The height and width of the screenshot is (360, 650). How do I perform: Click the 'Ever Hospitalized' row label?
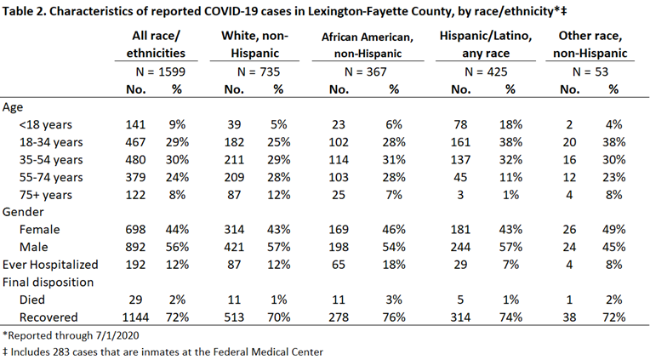click(50, 265)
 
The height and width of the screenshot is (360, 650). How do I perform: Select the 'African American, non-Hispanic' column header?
click(368, 45)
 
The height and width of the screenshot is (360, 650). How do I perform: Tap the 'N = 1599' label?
click(161, 71)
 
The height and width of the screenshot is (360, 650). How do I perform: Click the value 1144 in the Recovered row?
click(135, 317)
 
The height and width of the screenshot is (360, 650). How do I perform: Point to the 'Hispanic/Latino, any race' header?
click(486, 44)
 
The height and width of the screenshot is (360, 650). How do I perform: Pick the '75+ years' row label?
click(46, 195)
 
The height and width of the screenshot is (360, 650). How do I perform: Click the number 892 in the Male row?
click(135, 247)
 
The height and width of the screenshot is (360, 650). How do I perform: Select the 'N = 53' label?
click(590, 71)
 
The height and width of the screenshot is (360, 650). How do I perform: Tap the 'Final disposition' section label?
click(48, 283)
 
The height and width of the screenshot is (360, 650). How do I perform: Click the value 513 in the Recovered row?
click(234, 317)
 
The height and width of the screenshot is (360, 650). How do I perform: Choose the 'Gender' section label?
click(23, 212)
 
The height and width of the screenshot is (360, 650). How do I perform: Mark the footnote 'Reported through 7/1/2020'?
click(71, 335)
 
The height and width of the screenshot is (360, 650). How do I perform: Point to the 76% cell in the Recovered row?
click(394, 317)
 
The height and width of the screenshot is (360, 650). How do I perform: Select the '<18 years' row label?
click(46, 124)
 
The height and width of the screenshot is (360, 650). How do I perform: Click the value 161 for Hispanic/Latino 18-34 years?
click(460, 142)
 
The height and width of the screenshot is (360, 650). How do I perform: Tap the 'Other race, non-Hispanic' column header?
click(590, 44)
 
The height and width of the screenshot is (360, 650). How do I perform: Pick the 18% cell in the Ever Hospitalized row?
click(394, 265)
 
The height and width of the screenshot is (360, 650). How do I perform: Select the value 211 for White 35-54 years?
click(234, 160)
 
